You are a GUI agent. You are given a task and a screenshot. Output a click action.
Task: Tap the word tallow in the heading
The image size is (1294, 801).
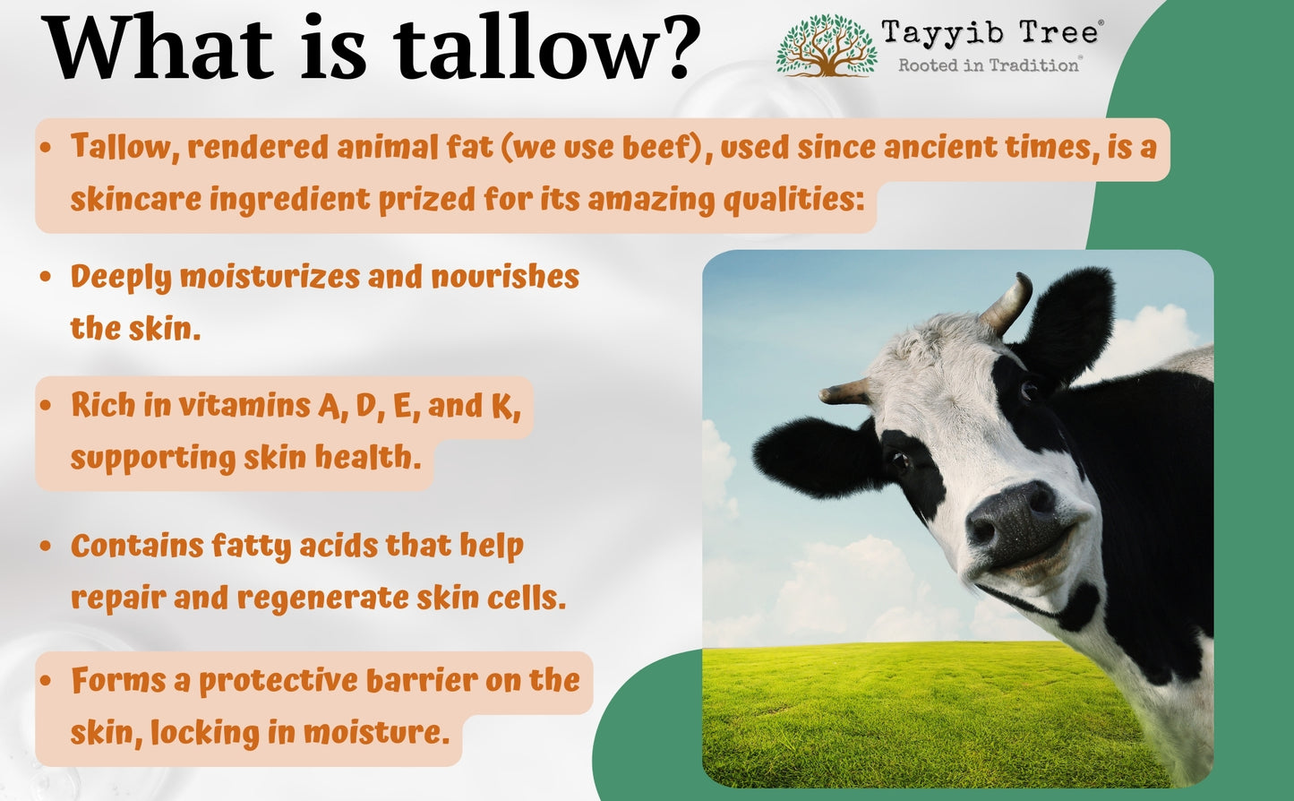[x=522, y=47]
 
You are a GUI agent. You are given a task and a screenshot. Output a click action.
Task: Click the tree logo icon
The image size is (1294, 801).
[x=827, y=46]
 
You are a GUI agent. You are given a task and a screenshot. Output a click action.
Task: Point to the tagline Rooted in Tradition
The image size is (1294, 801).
[x=989, y=65]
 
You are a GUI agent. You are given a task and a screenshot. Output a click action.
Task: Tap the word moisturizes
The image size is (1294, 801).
[x=270, y=276]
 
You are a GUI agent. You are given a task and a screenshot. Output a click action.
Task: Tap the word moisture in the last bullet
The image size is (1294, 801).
[x=376, y=732]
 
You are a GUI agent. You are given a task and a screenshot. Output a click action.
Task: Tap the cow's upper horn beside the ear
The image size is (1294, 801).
[x=1007, y=304]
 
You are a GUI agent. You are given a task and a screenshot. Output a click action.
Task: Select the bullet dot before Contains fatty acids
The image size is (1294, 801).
[x=46, y=546]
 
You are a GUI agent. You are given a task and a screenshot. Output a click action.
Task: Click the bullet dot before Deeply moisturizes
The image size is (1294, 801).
[x=46, y=276]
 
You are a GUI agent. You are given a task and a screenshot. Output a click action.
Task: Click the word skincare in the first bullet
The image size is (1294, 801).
[x=136, y=199]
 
